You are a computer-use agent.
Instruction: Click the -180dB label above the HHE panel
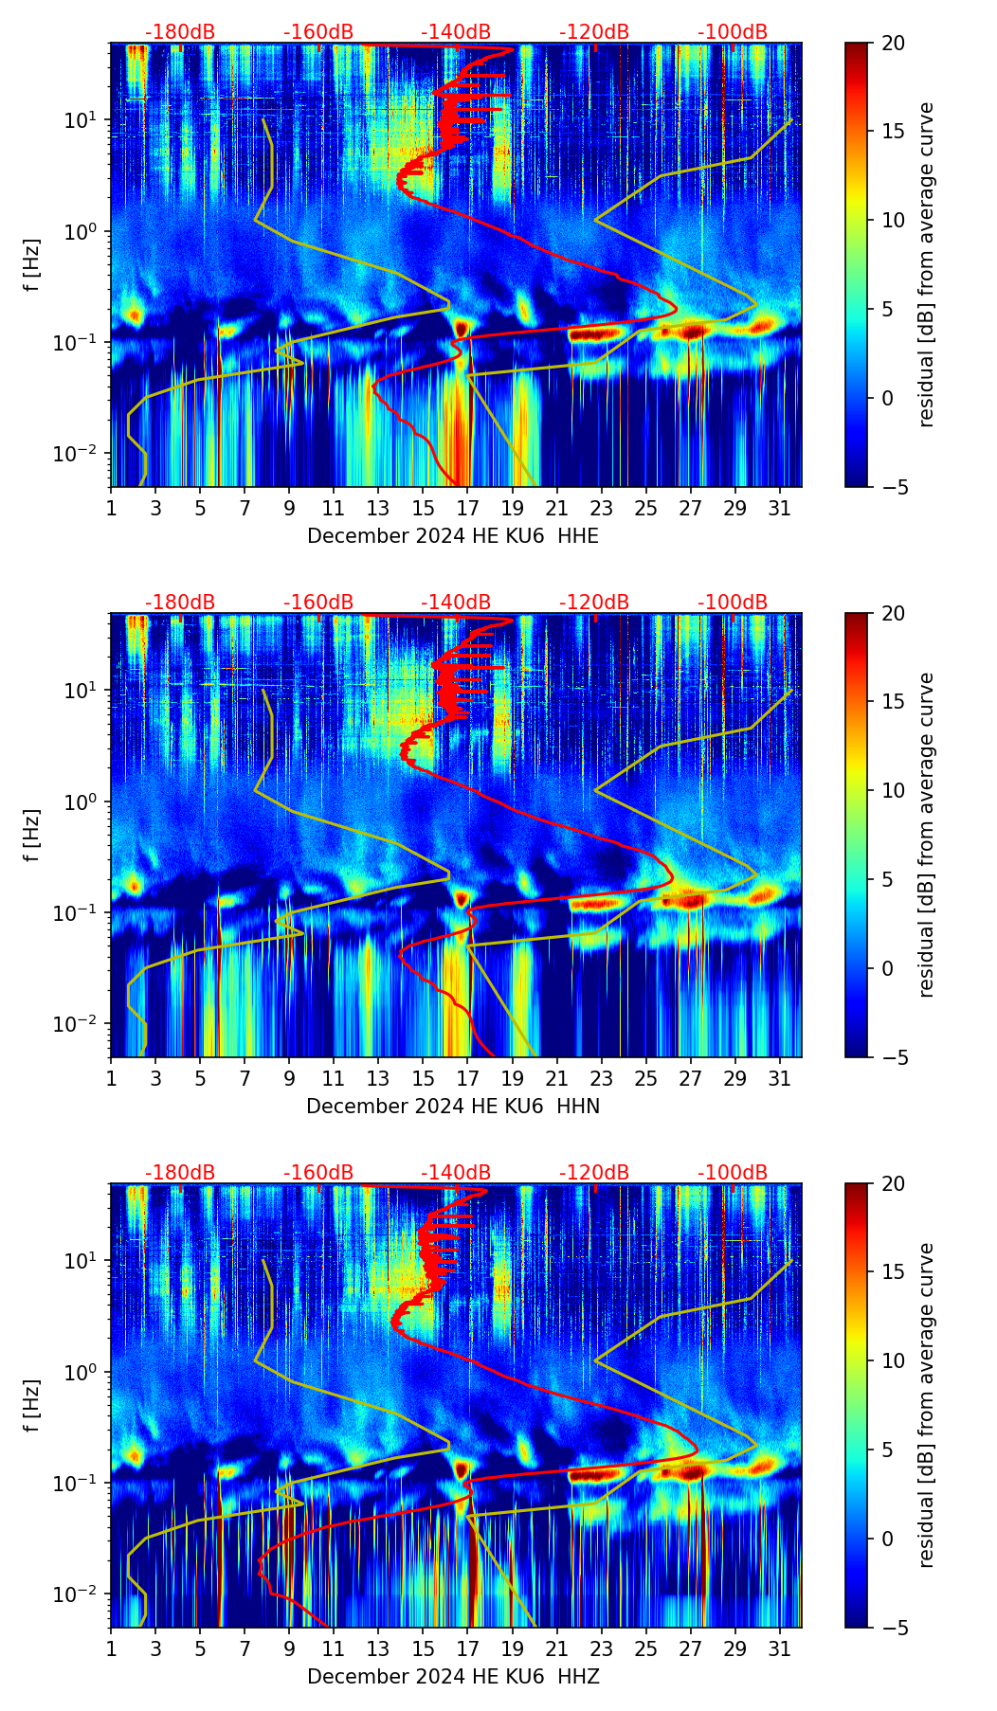(180, 32)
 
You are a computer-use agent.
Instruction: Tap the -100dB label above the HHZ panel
(733, 1173)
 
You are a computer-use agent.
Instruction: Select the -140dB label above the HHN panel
(456, 603)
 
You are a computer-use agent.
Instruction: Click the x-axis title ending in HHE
(453, 536)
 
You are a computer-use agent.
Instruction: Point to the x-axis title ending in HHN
(453, 1107)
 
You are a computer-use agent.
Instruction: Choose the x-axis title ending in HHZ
(453, 1677)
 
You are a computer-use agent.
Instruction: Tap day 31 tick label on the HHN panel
(779, 1078)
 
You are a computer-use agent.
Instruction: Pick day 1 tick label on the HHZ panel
(111, 1648)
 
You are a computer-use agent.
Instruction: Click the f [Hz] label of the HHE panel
(33, 265)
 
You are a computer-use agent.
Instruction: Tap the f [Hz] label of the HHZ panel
(33, 1406)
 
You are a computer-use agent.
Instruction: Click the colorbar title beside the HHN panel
(927, 835)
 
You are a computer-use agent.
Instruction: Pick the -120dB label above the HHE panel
(594, 32)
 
